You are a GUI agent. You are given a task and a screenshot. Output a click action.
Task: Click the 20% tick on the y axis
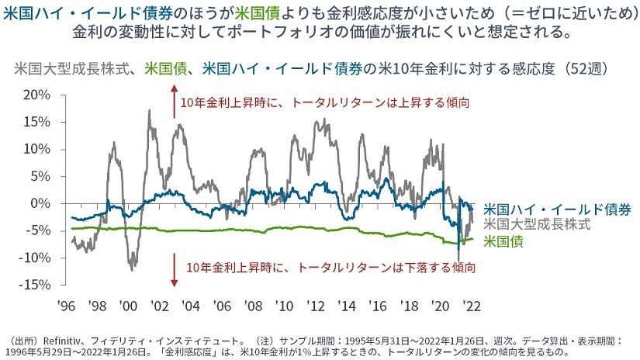point(37,95)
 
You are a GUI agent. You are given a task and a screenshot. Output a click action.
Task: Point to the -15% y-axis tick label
point(36,285)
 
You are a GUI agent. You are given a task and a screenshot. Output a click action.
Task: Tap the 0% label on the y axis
point(41,203)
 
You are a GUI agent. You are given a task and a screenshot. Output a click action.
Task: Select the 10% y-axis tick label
point(37,149)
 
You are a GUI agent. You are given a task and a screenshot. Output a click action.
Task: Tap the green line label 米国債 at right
point(502,241)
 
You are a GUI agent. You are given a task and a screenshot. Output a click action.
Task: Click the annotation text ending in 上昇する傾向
point(326,102)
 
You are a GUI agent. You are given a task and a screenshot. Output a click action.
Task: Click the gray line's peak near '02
point(148,110)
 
